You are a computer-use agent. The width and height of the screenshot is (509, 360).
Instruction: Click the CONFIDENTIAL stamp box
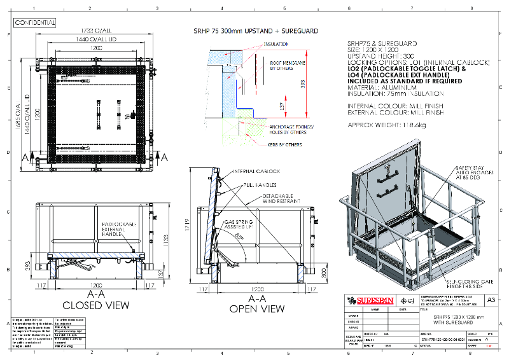click(x=34, y=22)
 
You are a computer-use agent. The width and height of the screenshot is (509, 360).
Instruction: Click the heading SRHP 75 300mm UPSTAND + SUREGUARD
click(x=256, y=31)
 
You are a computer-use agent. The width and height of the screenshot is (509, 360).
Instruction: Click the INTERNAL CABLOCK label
click(x=254, y=171)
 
